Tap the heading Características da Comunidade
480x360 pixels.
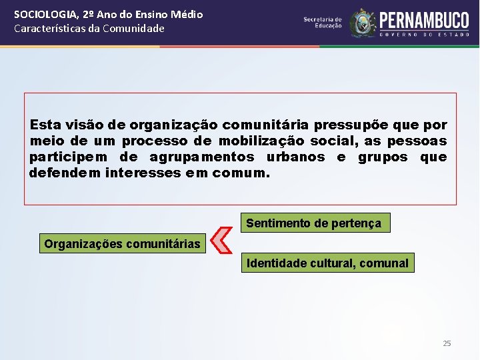click(89, 28)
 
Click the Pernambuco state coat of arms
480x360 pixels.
click(363, 23)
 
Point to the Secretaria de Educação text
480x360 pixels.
click(323, 23)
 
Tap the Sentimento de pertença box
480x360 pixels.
click(314, 223)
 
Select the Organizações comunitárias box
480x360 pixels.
click(122, 244)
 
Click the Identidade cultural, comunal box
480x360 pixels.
click(327, 263)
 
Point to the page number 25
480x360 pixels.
click(447, 343)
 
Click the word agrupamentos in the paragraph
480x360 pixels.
click(202, 157)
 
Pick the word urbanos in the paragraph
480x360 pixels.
click(296, 157)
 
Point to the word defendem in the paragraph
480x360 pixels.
click(65, 173)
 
